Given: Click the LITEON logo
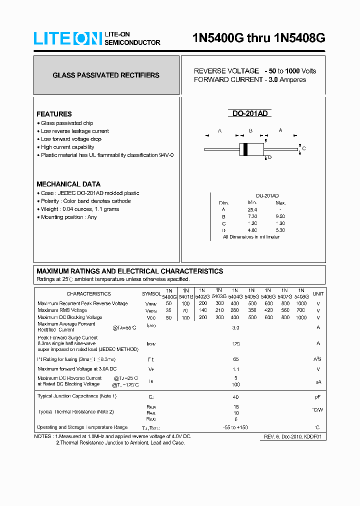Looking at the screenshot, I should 67,38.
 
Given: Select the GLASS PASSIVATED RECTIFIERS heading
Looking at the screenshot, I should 106,75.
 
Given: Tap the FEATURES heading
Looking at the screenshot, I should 54,114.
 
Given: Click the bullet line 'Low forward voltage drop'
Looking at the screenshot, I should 70,139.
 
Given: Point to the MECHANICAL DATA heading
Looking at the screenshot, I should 68,184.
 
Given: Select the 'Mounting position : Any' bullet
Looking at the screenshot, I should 68,217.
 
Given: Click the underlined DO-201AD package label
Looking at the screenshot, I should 250,113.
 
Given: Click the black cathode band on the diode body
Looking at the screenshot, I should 245,148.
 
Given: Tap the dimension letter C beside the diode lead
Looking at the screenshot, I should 304,148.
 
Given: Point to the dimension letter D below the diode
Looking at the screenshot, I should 269,158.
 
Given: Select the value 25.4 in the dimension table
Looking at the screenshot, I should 252,209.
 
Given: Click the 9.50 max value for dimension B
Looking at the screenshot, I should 280,216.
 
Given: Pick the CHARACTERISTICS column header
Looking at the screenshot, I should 88,293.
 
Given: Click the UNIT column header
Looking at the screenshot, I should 318,293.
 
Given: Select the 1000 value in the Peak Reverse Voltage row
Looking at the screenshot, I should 301,303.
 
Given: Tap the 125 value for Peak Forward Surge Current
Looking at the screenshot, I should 236,343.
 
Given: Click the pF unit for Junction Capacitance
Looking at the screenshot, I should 317,396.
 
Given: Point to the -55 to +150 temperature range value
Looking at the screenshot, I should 235,427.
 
